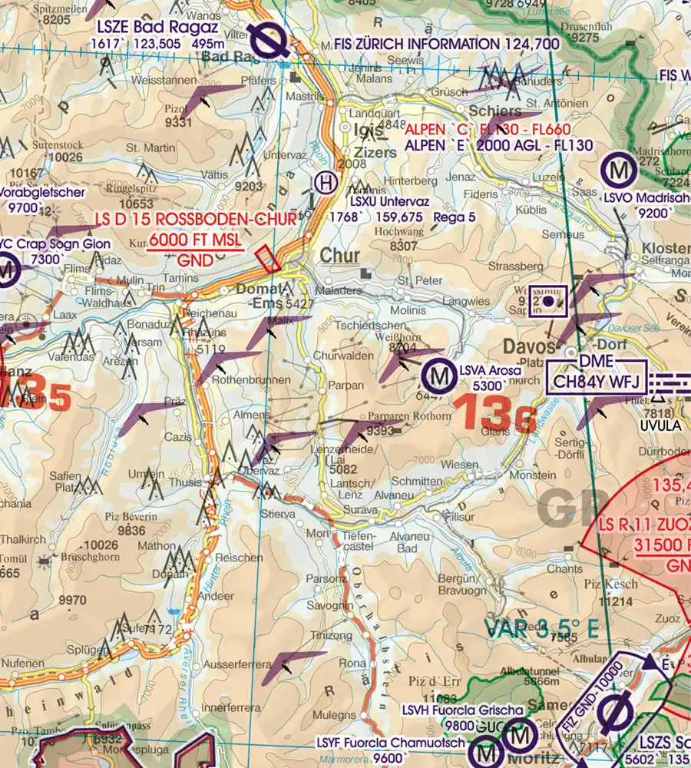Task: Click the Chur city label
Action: [x=340, y=256]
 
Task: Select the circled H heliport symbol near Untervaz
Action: [x=326, y=183]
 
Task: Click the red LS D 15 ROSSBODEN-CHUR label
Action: [x=195, y=220]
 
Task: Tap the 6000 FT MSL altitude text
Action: [x=195, y=240]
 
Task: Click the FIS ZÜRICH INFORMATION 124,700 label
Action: [x=448, y=45]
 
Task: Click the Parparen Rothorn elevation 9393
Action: [x=381, y=431]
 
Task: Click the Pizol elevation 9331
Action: [x=178, y=122]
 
